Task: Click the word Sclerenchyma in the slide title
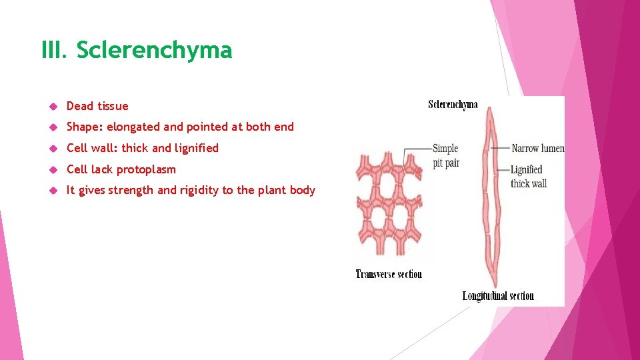[x=154, y=51]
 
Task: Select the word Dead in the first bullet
[x=80, y=106]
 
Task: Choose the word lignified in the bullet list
[x=196, y=148]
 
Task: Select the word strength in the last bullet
[x=131, y=190]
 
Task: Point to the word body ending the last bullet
[x=302, y=190]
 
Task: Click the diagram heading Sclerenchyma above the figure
[x=453, y=105]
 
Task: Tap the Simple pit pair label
[x=445, y=155]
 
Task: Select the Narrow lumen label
[x=537, y=148]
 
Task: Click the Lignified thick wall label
[x=527, y=176]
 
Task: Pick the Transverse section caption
[x=389, y=274]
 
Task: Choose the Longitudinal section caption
[x=498, y=296]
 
